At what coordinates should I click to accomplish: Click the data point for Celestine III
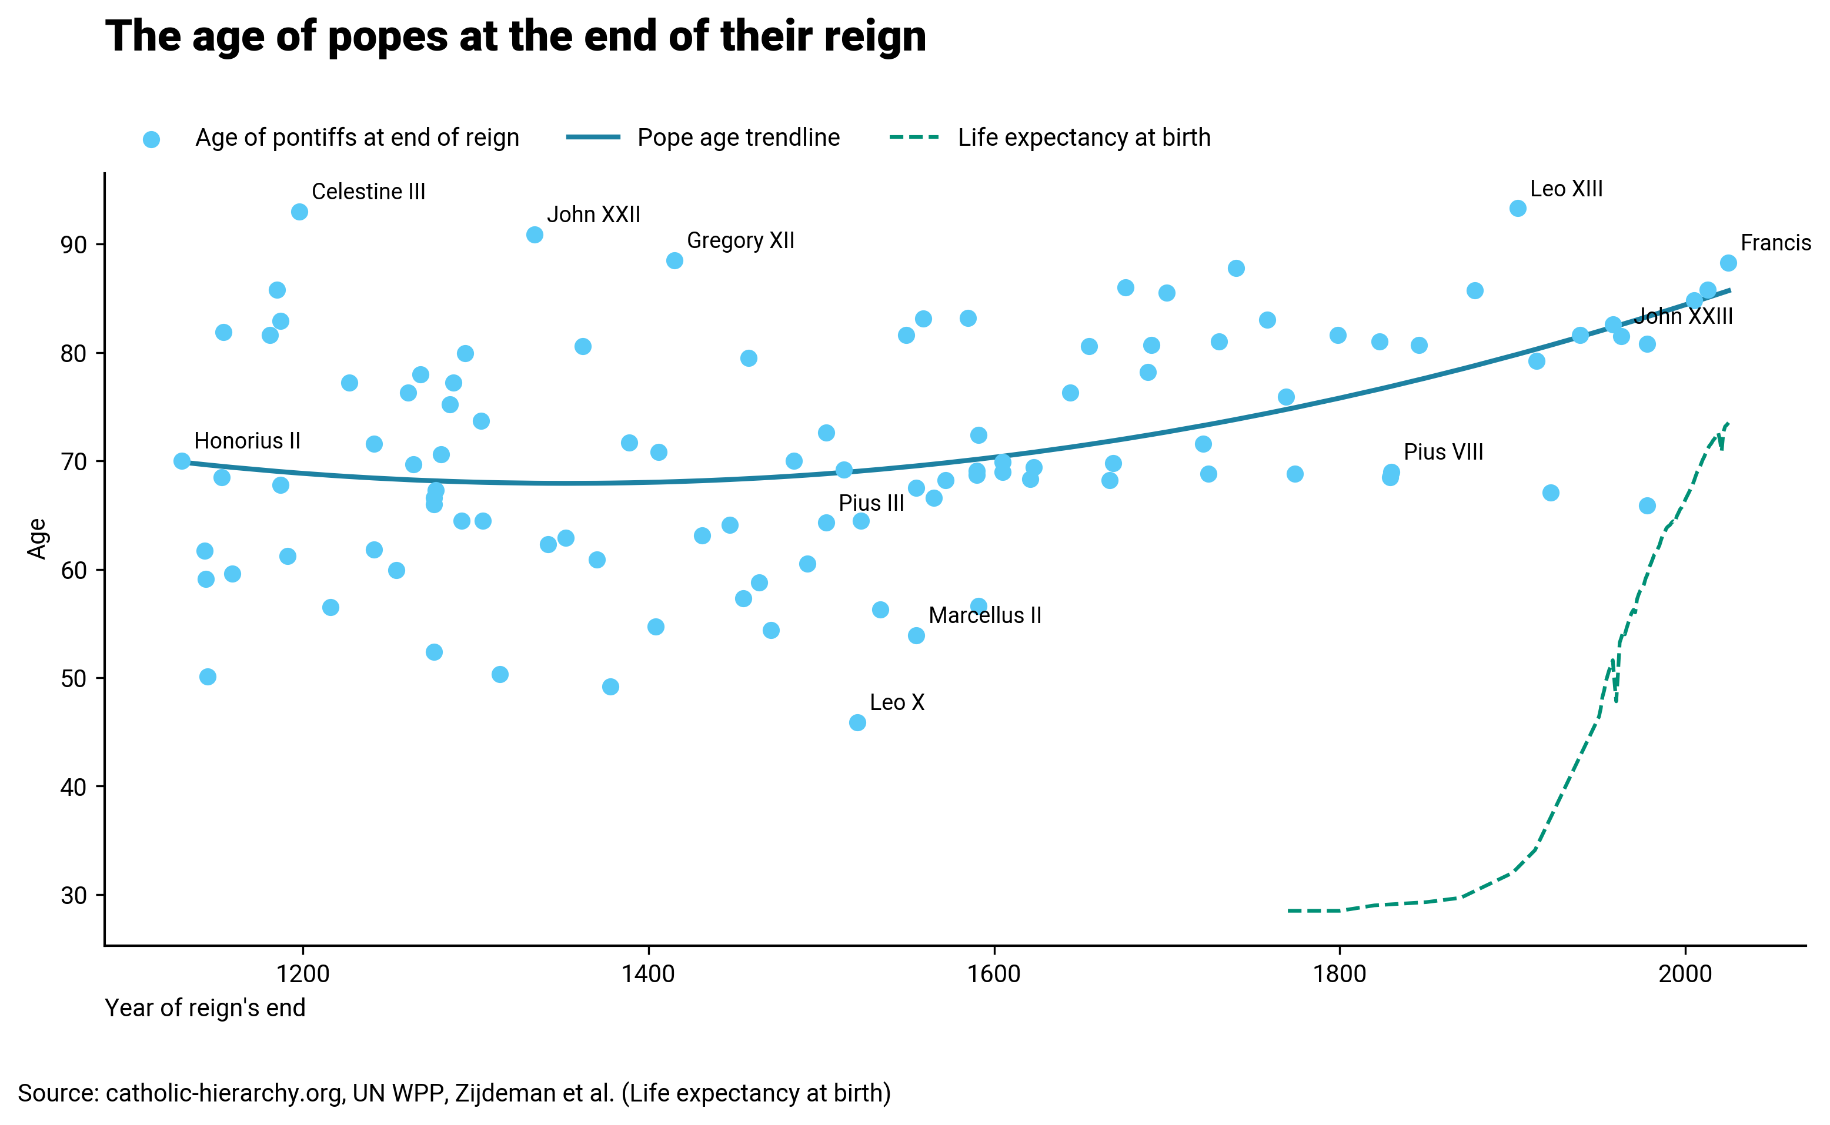click(299, 212)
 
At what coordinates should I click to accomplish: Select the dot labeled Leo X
click(857, 722)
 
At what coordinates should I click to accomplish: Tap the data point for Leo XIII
click(1517, 208)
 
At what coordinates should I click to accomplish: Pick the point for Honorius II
click(182, 461)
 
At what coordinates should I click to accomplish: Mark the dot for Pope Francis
click(1728, 263)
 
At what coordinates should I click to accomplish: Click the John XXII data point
click(535, 235)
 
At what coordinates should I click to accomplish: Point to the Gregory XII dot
click(674, 260)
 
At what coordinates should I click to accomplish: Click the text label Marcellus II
click(984, 615)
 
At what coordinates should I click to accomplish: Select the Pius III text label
click(871, 503)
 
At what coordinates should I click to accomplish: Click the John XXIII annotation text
click(1684, 316)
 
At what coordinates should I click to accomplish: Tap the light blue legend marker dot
click(151, 139)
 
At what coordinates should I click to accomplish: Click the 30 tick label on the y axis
click(74, 895)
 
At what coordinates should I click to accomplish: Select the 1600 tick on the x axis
click(994, 974)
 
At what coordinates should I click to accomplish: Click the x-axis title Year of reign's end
click(205, 1007)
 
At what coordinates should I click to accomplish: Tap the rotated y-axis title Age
click(36, 538)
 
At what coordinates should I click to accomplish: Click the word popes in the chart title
click(388, 37)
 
